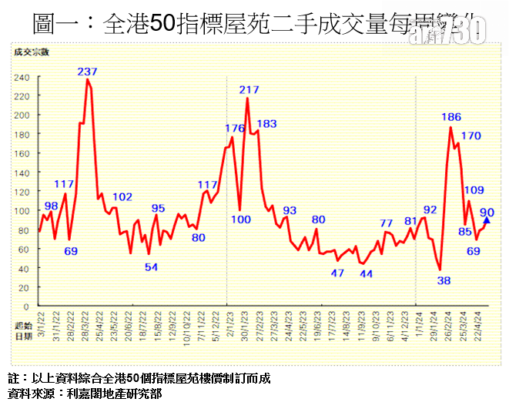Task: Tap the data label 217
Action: click(x=249, y=90)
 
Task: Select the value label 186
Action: click(x=451, y=117)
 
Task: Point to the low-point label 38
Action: click(x=444, y=281)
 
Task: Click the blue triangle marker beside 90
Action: click(x=486, y=220)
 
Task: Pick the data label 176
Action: click(x=234, y=128)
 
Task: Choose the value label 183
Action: click(x=266, y=123)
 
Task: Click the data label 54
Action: click(x=151, y=267)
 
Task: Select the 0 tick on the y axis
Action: click(x=27, y=306)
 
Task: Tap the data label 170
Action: click(x=470, y=136)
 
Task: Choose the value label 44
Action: click(x=367, y=274)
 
